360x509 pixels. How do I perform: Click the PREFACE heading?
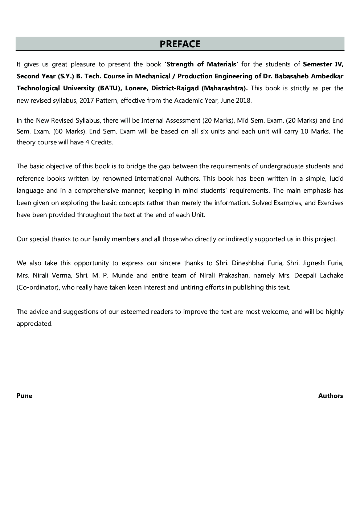pos(180,44)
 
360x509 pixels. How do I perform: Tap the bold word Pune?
pos(24,396)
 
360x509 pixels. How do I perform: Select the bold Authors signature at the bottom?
pos(330,396)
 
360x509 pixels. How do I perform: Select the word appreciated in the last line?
pos(34,324)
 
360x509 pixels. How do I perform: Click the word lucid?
pos(336,178)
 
